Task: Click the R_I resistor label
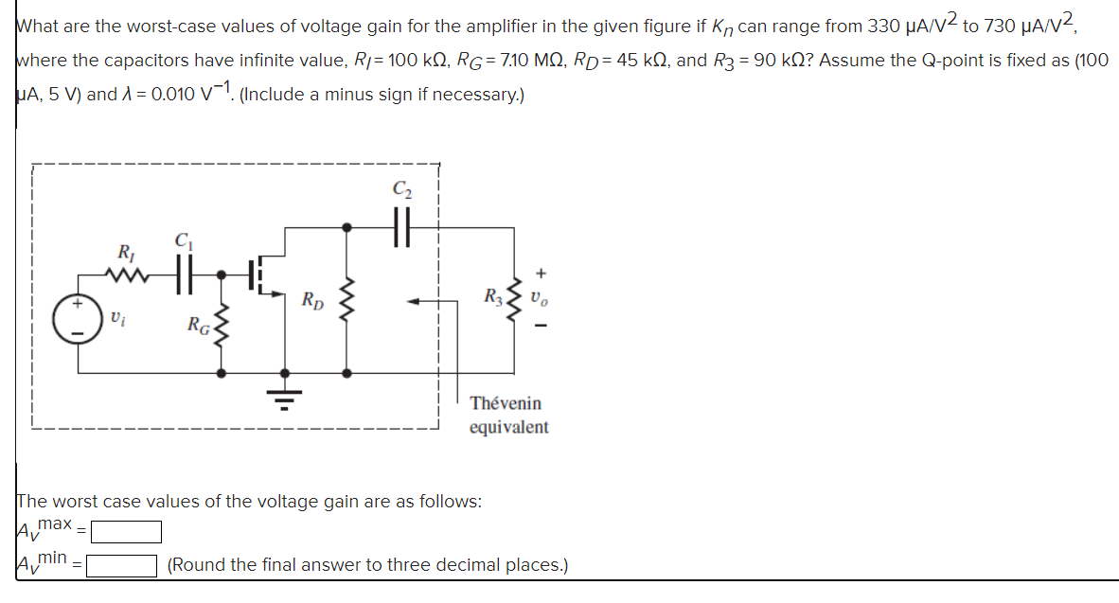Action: tap(125, 253)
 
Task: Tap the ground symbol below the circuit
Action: tap(281, 396)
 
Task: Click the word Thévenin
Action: tap(506, 403)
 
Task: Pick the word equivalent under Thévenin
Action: tap(508, 427)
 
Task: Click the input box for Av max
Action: tap(126, 532)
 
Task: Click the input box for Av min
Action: tap(122, 566)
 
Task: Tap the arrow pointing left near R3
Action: tap(420, 302)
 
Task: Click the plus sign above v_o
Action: tap(541, 274)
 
